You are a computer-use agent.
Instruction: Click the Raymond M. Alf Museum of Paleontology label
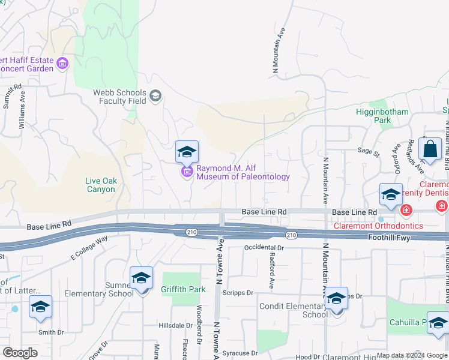243,172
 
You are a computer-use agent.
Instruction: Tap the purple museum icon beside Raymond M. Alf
187,173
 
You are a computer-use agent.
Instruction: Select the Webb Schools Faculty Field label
119,97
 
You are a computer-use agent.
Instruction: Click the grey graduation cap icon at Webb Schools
155,96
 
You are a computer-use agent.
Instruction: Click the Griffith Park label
183,289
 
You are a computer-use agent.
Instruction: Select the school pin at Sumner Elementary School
142,279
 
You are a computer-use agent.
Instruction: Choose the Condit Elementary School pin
337,299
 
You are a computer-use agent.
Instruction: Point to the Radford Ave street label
271,269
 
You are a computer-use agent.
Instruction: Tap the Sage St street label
369,154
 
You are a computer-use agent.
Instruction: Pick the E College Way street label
89,247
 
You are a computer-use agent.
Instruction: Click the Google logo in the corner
20,353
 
